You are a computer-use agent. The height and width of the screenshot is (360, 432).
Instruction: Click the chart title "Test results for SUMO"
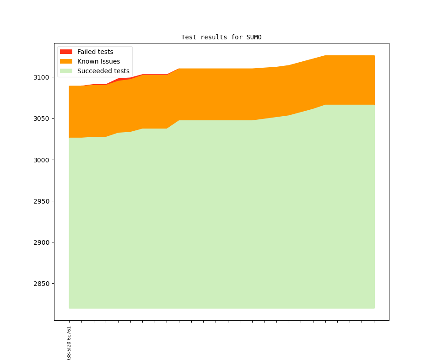pos(221,37)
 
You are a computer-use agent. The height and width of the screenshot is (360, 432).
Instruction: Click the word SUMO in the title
pos(254,37)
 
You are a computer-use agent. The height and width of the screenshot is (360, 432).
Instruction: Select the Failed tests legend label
pos(95,52)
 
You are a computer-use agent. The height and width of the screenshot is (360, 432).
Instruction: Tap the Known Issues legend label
pos(98,61)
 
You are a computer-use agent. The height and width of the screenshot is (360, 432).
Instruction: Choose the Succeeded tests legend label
pos(103,71)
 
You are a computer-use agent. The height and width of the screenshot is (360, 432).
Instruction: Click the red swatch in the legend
pos(66,52)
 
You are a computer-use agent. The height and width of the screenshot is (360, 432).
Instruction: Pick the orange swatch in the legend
pos(66,61)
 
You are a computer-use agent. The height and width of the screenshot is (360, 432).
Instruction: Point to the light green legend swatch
pos(66,71)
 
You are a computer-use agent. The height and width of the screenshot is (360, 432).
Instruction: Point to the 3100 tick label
pos(42,77)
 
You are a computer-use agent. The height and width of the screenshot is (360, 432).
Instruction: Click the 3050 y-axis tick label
pos(42,118)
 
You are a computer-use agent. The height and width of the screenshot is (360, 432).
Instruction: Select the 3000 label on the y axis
pos(42,160)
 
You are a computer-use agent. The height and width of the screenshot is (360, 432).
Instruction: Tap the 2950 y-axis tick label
pos(42,201)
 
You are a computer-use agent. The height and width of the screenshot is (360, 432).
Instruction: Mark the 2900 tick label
pos(42,242)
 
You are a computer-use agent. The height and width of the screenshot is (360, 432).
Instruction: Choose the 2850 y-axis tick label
pos(42,283)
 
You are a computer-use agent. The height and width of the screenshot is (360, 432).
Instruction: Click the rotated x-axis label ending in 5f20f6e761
pos(69,343)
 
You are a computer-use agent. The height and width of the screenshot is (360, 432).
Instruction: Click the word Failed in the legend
pos(86,52)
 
